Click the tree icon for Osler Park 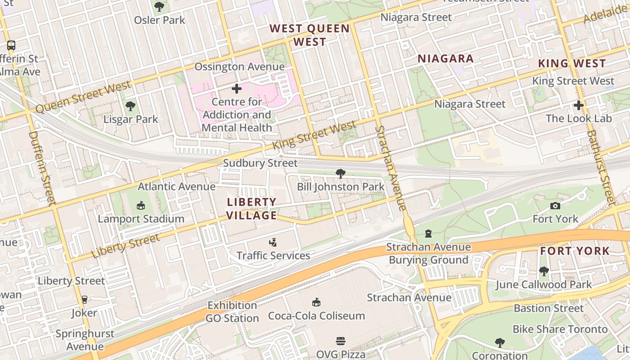point(159,6)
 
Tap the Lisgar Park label point(130,119)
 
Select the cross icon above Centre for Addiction point(237,89)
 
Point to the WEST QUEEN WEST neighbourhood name point(310,35)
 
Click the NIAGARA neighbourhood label point(445,58)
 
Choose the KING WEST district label point(572,63)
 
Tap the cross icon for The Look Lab point(579,105)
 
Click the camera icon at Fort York point(555,206)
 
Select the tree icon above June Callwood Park point(544,271)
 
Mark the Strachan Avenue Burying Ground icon point(428,234)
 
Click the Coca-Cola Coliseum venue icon point(316,302)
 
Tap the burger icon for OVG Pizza point(340,341)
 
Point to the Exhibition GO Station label point(232,312)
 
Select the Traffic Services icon point(273,243)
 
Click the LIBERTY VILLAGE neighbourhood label point(252,209)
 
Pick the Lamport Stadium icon point(141,206)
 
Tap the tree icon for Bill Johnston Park point(341,173)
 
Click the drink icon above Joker point(84,299)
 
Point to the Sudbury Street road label point(261,163)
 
